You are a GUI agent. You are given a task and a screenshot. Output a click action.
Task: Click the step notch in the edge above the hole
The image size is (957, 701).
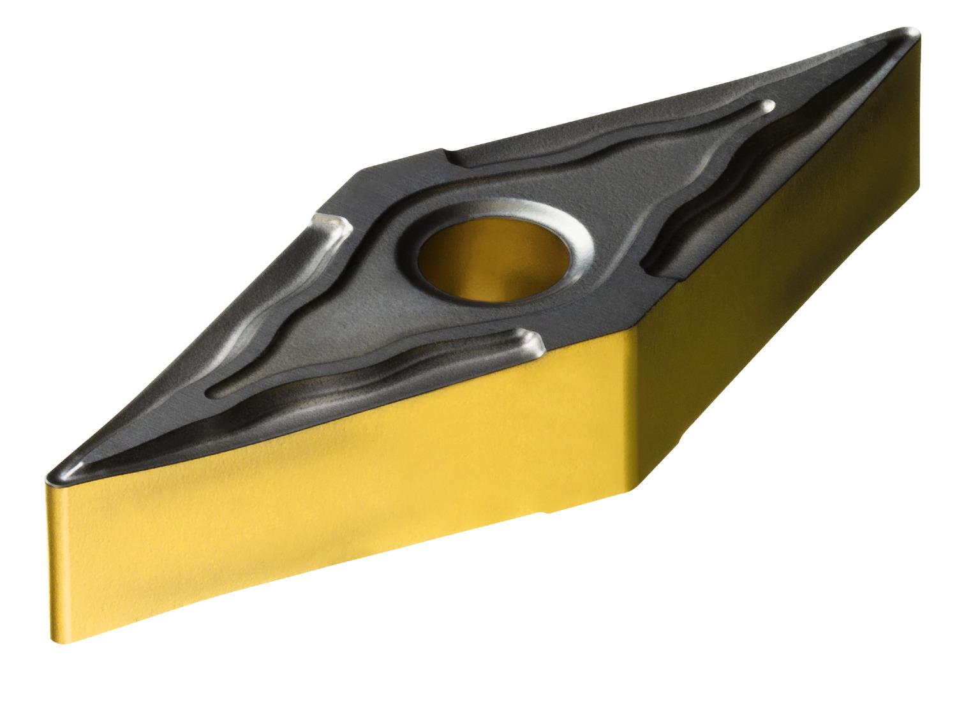pos(447,153)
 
